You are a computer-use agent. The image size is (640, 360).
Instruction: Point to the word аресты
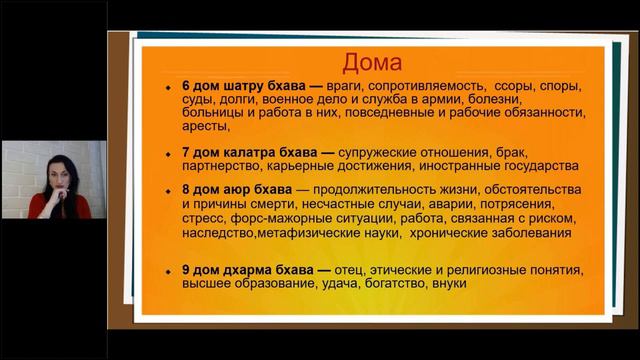207,127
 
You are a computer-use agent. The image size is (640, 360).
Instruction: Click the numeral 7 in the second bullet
188,152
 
